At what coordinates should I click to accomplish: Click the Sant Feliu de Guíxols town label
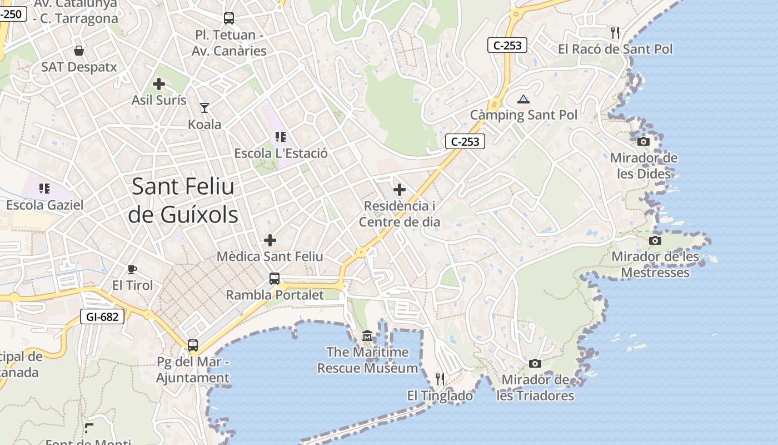(x=183, y=201)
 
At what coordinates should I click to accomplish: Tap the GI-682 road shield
(x=103, y=317)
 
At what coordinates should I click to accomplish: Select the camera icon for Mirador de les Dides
(x=644, y=141)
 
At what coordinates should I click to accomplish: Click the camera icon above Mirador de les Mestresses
(x=655, y=240)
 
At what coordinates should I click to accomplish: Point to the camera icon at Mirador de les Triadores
(x=535, y=363)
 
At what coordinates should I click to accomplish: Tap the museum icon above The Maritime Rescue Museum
(x=367, y=335)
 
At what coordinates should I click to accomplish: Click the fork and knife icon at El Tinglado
(x=440, y=379)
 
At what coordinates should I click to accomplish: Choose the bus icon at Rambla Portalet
(x=275, y=279)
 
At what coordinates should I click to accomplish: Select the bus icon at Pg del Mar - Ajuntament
(x=193, y=345)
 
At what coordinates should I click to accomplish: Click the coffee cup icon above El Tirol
(x=132, y=269)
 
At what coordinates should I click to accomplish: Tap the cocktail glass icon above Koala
(x=205, y=107)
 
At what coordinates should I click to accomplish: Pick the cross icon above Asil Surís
(x=159, y=84)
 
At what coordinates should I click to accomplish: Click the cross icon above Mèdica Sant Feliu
(x=270, y=240)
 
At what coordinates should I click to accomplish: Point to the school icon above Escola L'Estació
(x=281, y=136)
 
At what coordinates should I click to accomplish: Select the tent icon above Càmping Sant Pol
(x=523, y=100)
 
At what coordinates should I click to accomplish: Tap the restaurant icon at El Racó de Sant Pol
(x=615, y=33)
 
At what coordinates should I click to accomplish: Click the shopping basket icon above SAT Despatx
(x=79, y=51)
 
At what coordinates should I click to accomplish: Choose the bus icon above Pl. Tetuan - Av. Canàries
(x=229, y=18)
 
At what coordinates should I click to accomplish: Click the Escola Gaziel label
(x=45, y=205)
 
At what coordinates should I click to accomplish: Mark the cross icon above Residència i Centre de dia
(x=400, y=190)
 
